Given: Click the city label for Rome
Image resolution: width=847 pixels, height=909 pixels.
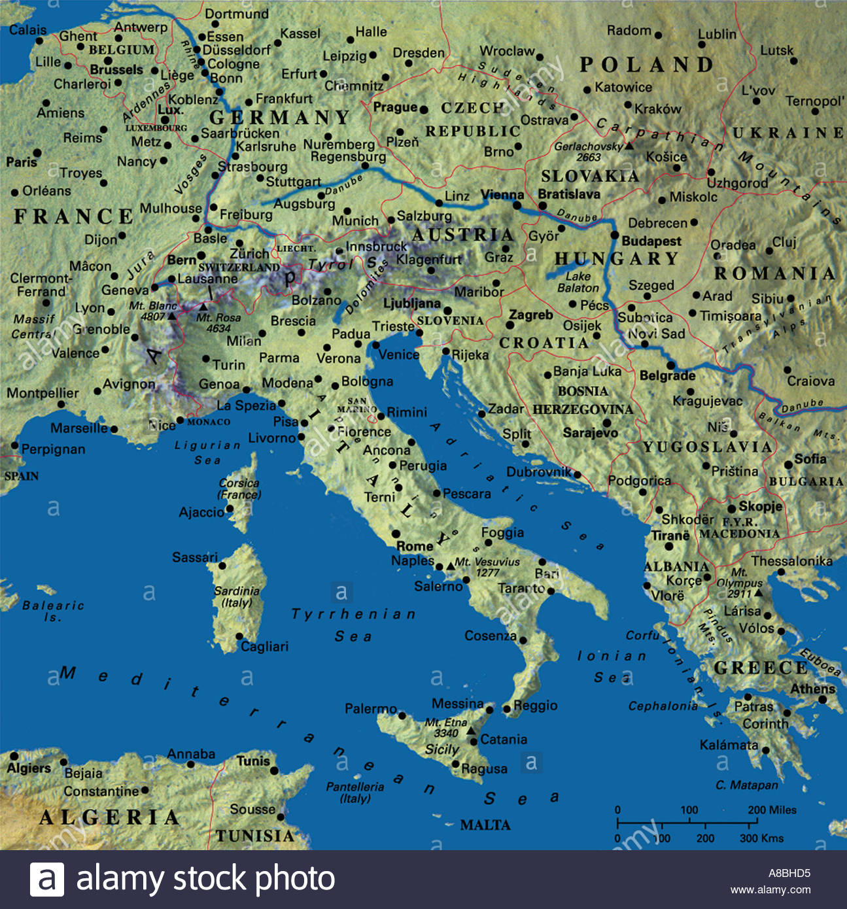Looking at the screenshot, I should [x=415, y=546].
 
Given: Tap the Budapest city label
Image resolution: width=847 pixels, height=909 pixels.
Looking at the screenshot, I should [x=651, y=241].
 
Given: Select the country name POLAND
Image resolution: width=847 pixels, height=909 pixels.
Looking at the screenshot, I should [x=646, y=65].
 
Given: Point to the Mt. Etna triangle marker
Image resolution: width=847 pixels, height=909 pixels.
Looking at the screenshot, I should [x=472, y=741].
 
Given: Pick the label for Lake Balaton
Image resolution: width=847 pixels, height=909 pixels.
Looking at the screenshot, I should [x=578, y=282].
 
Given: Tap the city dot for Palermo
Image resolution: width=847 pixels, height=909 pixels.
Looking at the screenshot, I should [x=402, y=715].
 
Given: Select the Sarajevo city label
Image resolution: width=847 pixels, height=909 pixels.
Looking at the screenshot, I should [x=590, y=432].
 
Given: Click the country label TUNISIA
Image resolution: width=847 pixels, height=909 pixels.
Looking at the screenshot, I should [x=255, y=835].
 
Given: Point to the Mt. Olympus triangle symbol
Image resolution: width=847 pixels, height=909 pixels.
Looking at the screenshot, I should [x=758, y=593].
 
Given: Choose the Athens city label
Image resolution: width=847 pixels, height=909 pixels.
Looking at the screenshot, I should [x=812, y=689].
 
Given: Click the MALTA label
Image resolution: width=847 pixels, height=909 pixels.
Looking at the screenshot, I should [x=485, y=825].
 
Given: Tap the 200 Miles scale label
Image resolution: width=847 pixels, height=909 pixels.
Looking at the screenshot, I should [x=772, y=810].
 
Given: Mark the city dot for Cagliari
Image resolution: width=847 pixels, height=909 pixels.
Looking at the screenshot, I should [x=239, y=636].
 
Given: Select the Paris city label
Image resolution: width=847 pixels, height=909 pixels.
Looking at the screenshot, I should [x=22, y=162].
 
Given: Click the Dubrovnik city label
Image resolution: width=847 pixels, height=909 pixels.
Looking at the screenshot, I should [x=539, y=472].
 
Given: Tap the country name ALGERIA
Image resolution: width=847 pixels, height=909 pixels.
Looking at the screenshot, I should [x=109, y=817].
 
